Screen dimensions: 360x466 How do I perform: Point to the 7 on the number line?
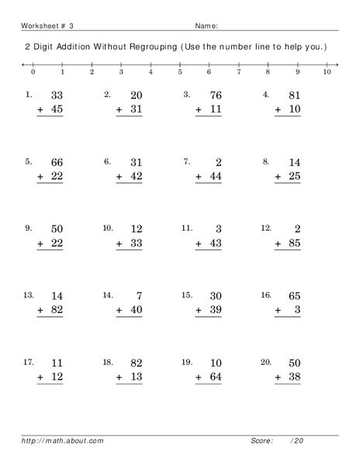[239, 71]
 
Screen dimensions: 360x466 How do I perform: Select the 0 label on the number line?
[33, 71]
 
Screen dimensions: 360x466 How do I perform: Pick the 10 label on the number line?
[327, 71]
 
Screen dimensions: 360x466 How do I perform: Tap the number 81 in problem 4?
[292, 95]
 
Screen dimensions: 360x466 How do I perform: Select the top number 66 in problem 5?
[56, 162]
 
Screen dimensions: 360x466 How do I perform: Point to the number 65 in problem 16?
[292, 296]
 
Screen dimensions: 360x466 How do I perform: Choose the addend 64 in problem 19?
[213, 378]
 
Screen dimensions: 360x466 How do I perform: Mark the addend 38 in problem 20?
[292, 378]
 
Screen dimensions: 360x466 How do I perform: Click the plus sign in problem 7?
[199, 177]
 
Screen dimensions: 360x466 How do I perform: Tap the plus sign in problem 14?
[120, 311]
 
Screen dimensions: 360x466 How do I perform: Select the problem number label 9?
[29, 228]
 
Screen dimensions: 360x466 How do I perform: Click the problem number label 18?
[108, 363]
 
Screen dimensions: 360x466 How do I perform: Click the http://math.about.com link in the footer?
[63, 440]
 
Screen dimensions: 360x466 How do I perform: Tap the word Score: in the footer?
[262, 440]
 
